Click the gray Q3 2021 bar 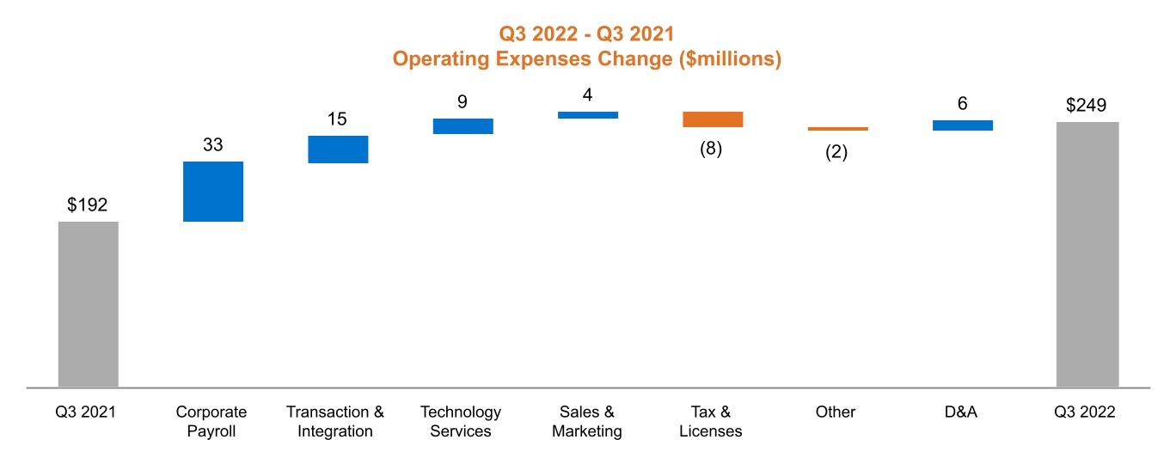point(89,304)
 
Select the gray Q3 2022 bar point(1087,254)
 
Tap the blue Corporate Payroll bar point(213,192)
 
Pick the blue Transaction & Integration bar point(338,150)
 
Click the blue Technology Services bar point(462,126)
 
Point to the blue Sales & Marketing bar point(587,115)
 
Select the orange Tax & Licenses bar point(713,119)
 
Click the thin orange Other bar point(837,129)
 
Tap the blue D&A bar point(962,125)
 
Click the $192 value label point(88,205)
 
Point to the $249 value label point(1087,106)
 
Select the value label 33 point(213,145)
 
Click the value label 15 point(338,119)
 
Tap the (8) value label point(711,148)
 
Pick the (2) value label point(836,152)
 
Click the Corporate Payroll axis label point(211,422)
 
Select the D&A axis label point(960,412)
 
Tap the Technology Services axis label point(461,422)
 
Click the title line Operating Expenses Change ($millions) point(586,59)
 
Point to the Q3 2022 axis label point(1085,412)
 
